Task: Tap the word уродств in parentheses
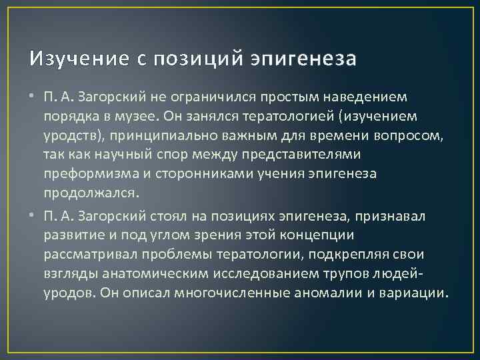click(x=69, y=135)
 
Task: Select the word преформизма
click(x=86, y=174)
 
